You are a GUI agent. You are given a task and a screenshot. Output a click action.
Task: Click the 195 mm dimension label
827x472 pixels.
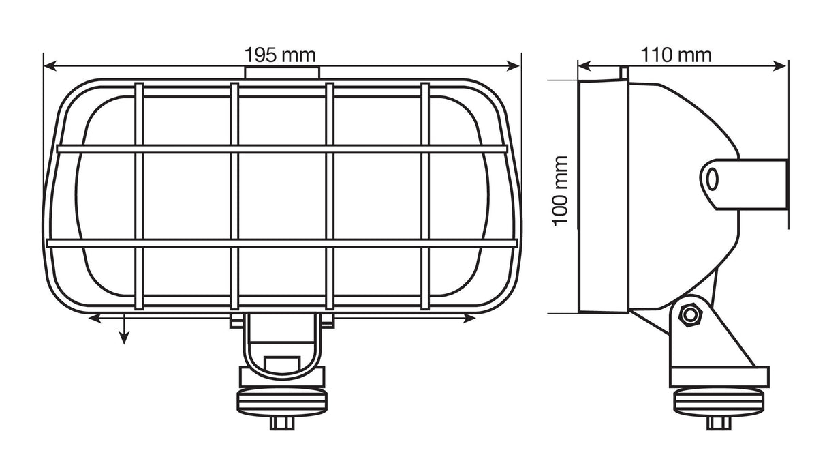(x=280, y=55)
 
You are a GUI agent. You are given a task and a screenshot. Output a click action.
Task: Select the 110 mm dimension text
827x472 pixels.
(x=676, y=55)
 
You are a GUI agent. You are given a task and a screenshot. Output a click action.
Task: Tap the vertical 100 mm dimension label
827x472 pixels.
(x=560, y=191)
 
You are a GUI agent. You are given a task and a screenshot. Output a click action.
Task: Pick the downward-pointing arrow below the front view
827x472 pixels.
(x=123, y=337)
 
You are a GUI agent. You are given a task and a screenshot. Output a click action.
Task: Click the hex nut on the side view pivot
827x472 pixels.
(x=691, y=314)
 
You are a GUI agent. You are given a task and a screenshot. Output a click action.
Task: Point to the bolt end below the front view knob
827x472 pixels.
(x=281, y=423)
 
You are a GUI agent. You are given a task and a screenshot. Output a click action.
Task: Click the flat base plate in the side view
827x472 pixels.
(x=719, y=377)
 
